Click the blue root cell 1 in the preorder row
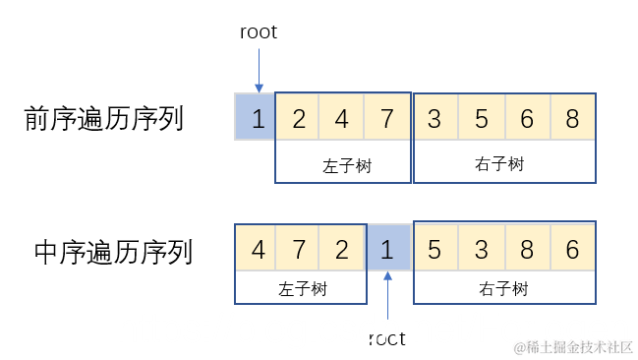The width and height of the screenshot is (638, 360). (257, 118)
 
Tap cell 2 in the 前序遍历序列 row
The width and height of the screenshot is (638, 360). (298, 118)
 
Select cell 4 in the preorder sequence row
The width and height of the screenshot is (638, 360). (342, 118)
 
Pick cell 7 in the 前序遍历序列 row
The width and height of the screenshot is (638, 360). (386, 118)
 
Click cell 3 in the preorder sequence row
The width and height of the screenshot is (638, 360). (435, 118)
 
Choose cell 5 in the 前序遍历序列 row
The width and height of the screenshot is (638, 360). (482, 118)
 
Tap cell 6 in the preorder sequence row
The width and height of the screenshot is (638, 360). (527, 118)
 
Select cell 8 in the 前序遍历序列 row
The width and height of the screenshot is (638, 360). (572, 118)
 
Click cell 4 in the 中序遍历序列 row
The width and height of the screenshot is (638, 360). (258, 250)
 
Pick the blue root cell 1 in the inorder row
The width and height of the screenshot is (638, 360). (387, 250)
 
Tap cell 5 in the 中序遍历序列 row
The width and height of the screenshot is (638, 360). (434, 250)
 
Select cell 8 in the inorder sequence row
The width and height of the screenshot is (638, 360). (527, 250)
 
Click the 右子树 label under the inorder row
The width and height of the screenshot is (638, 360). (503, 289)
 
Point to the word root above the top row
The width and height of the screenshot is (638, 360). (259, 32)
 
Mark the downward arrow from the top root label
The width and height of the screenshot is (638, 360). (258, 69)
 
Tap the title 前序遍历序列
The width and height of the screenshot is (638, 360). (104, 119)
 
